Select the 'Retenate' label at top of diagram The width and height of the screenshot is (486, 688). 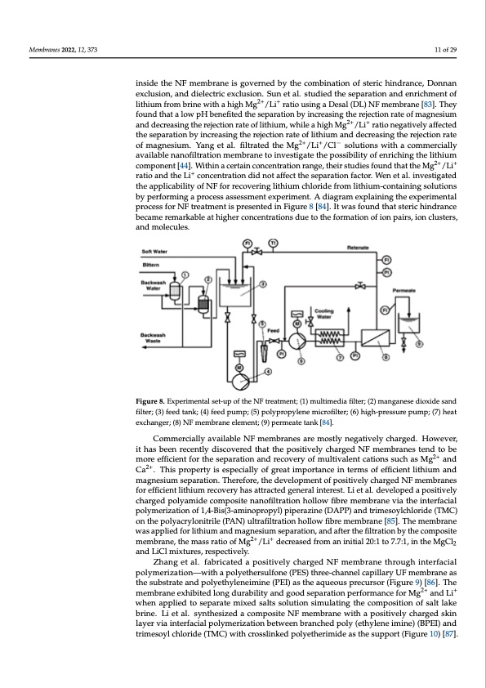point(360,246)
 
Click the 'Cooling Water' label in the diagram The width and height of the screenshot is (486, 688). point(326,314)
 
